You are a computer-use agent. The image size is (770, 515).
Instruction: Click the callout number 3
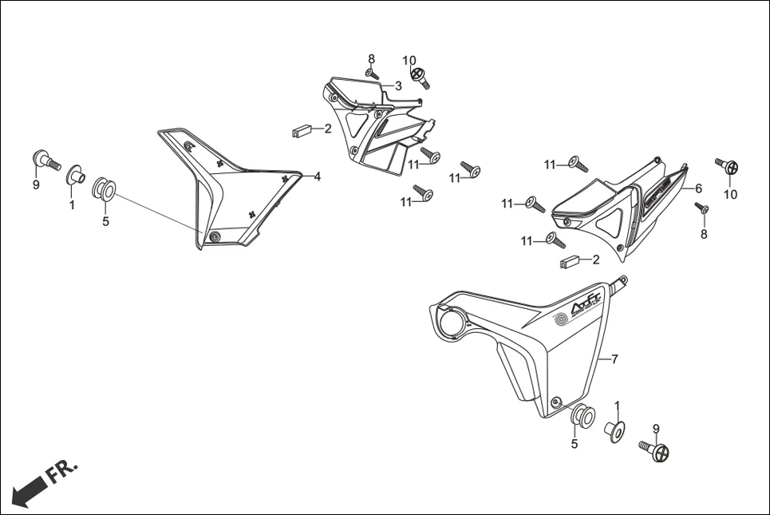pos(397,85)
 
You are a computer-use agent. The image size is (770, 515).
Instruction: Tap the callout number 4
pos(317,176)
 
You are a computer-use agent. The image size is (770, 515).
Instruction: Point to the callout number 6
pos(698,189)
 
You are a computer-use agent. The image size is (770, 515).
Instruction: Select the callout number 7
pos(614,359)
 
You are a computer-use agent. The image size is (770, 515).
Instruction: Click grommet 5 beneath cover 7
pos(581,418)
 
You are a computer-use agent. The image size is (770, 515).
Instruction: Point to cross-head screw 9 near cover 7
pos(656,451)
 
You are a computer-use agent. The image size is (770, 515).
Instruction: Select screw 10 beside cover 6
pos(729,167)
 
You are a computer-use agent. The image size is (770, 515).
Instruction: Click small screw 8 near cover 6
pos(702,209)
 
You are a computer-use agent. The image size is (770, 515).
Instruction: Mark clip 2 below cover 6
pos(569,261)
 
